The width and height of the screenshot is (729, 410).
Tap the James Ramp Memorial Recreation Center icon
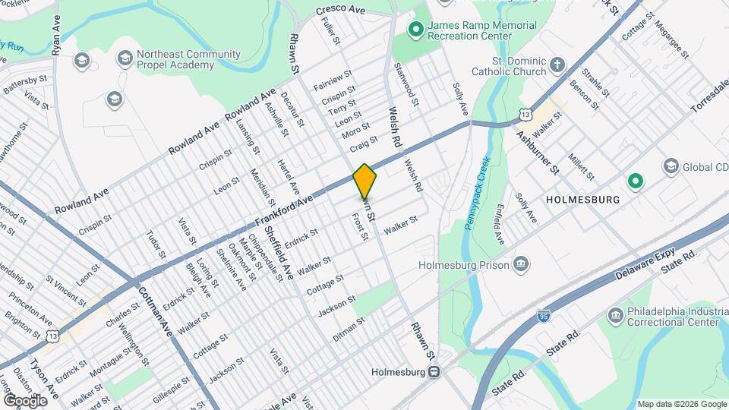(x=415, y=31)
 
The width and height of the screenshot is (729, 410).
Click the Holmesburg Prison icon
(x=522, y=265)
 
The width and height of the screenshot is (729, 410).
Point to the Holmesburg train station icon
(x=434, y=372)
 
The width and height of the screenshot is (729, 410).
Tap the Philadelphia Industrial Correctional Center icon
(x=615, y=315)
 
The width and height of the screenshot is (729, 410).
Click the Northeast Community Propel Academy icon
(x=125, y=58)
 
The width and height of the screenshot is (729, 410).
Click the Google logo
(x=24, y=400)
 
